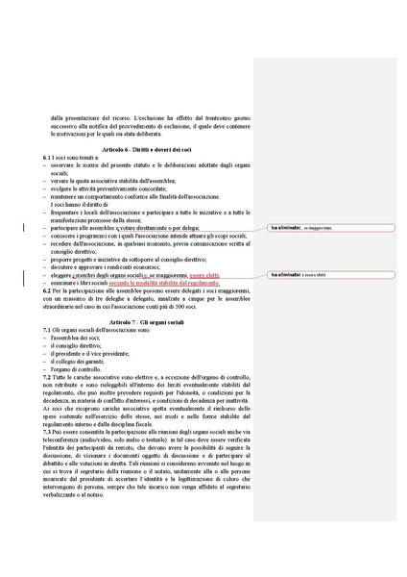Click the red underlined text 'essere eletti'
203,275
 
